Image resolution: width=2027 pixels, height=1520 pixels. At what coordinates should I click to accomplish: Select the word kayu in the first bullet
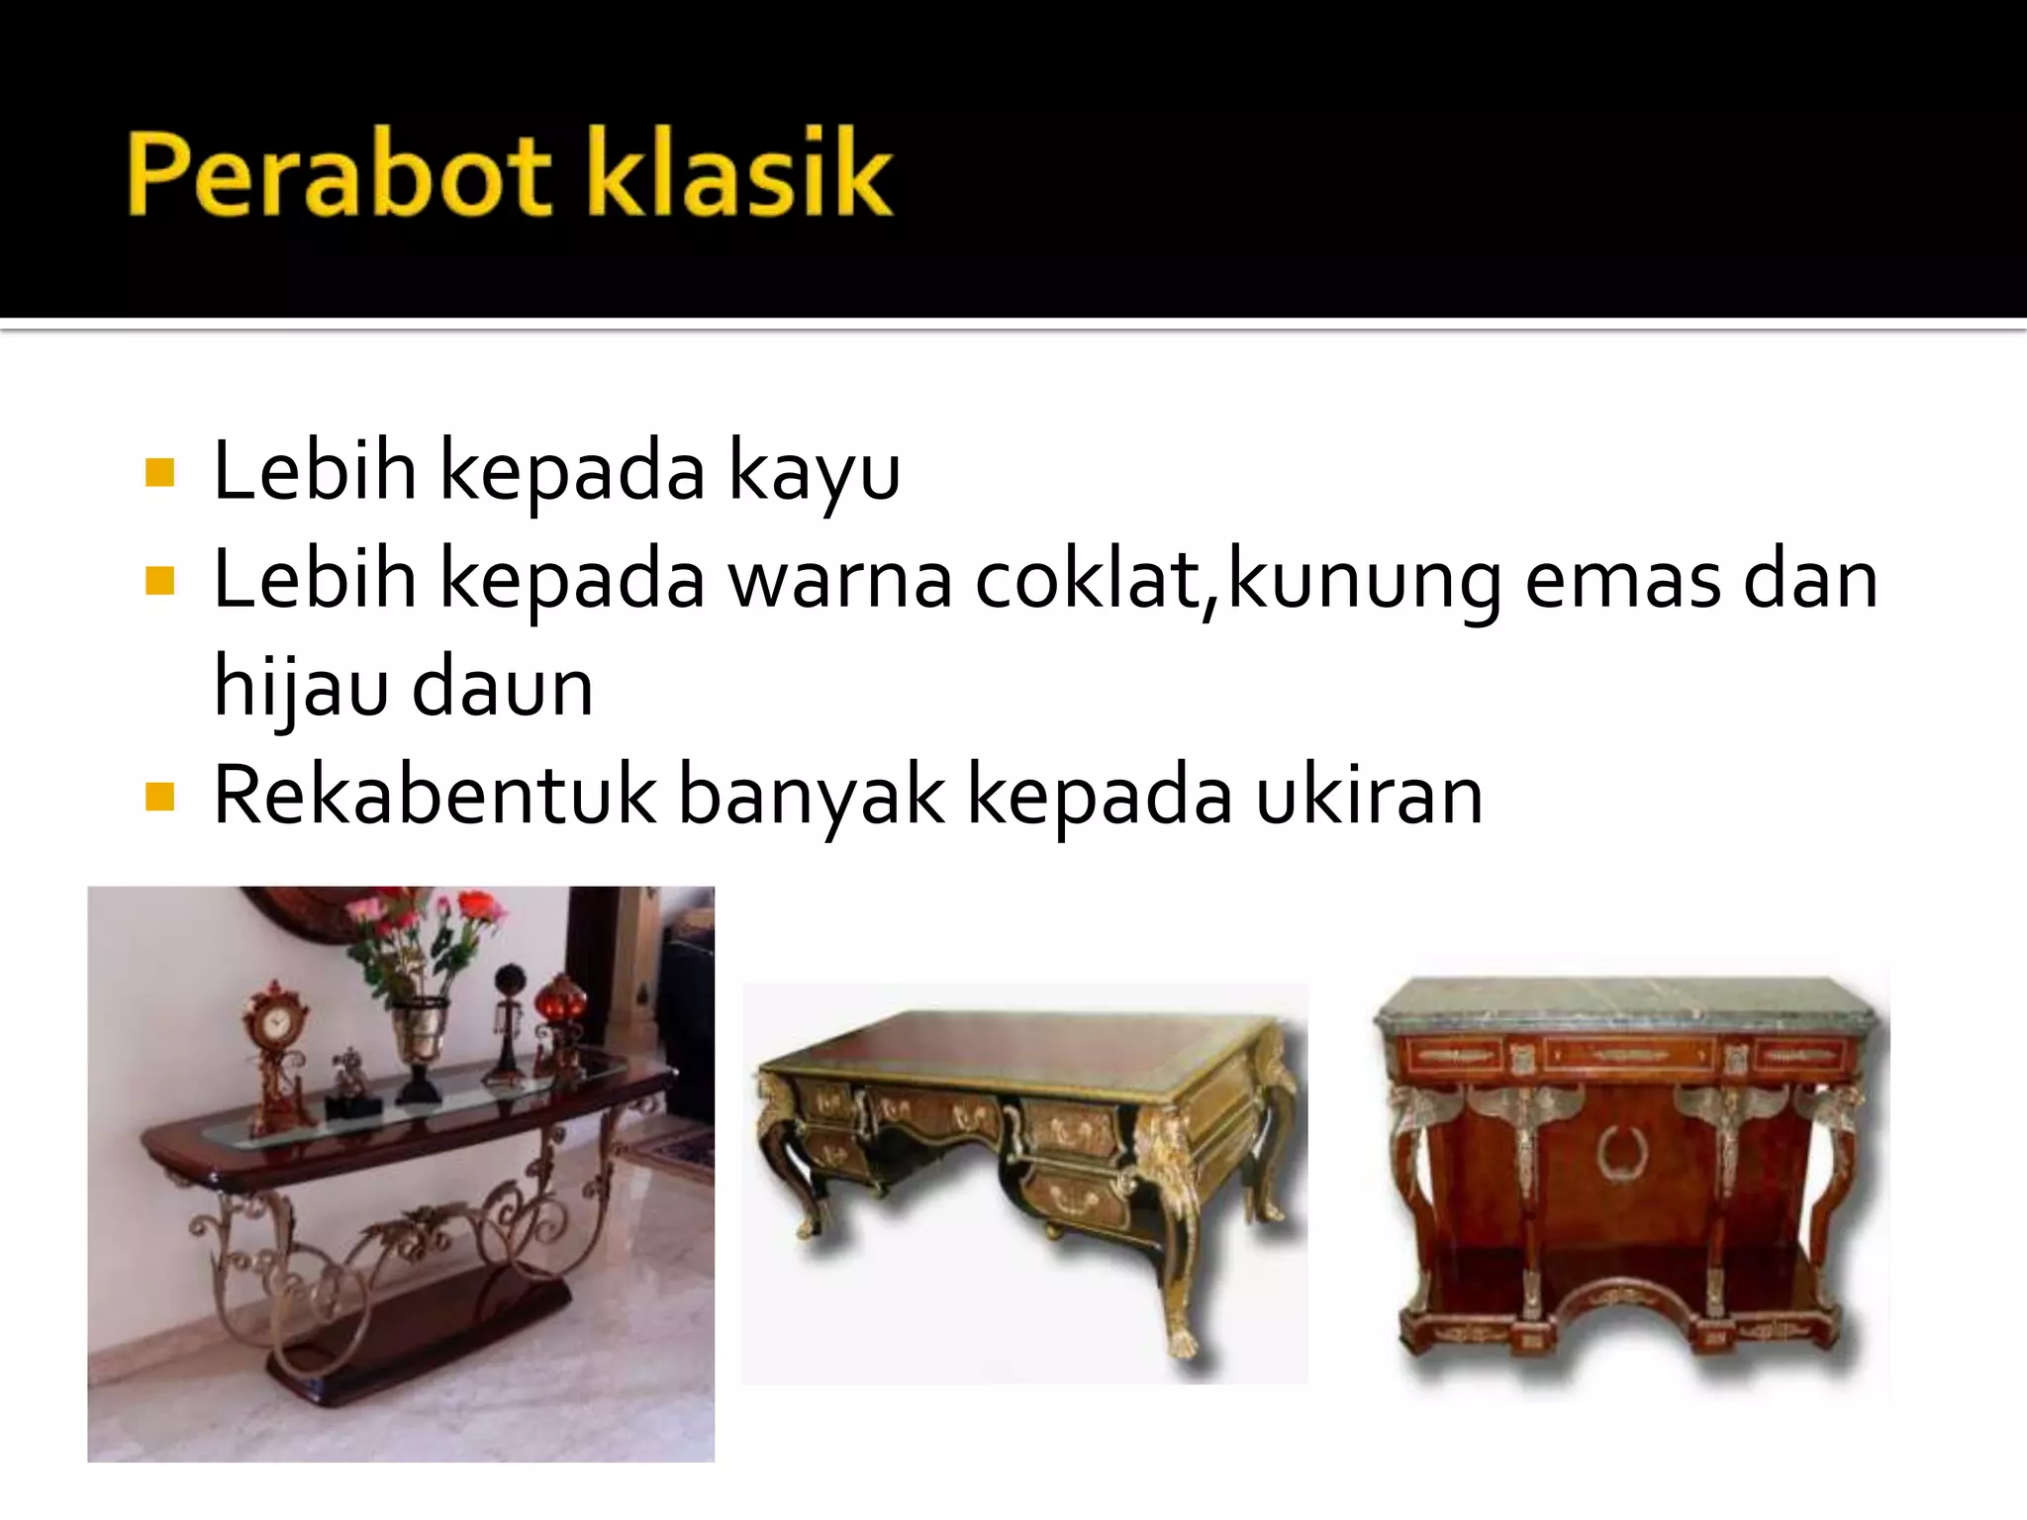(x=814, y=473)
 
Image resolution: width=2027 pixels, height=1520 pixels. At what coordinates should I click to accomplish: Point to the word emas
(x=1622, y=581)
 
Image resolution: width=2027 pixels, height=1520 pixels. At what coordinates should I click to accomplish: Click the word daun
(x=502, y=688)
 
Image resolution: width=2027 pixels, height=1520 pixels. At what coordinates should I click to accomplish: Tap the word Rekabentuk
(x=434, y=795)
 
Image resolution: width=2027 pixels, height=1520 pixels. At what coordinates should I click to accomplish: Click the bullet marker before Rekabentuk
(x=159, y=797)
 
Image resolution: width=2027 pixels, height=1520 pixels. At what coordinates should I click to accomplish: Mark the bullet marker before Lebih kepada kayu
(x=159, y=473)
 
